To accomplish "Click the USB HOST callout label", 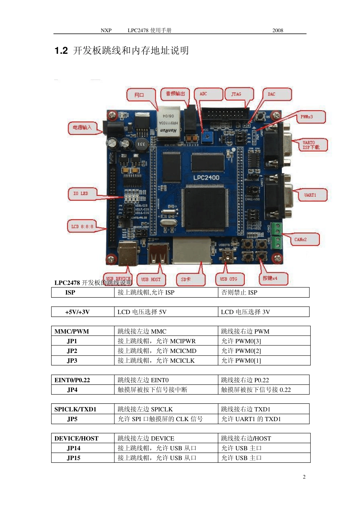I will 151,279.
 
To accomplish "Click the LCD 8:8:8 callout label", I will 81,226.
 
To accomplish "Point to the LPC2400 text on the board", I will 206,178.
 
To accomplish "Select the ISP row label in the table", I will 70,292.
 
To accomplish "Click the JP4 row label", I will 72,390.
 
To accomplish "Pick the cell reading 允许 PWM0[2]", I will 241,351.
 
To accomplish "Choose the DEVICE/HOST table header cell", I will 77,438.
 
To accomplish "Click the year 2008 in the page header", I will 278,30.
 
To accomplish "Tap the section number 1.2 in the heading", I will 61,51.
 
